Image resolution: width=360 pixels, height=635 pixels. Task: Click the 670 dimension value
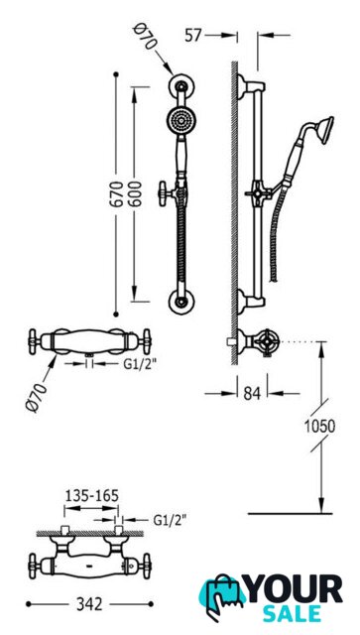tap(117, 194)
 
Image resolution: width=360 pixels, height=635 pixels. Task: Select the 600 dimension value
tap(136, 194)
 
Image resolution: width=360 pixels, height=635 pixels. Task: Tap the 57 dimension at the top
tap(193, 36)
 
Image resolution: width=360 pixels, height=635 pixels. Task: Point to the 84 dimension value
tap(252, 393)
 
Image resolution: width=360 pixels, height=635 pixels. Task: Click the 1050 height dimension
tap(320, 426)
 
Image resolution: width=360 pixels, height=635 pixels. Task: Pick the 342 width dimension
tap(89, 604)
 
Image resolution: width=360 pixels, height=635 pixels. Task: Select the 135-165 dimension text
tap(92, 495)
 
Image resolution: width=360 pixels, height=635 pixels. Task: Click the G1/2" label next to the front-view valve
tap(140, 364)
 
